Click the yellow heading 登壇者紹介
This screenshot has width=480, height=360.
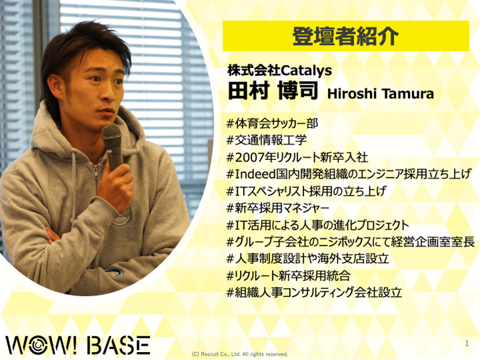346,37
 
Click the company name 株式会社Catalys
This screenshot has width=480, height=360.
280,71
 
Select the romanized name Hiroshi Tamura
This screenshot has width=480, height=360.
381,94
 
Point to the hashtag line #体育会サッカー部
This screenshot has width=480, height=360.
272,123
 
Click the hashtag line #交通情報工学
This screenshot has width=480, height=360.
267,140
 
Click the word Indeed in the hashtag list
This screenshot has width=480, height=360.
256,174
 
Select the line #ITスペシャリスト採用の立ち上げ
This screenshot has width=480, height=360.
306,191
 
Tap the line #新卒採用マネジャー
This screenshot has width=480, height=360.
278,208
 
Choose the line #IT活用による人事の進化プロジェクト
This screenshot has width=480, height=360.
318,225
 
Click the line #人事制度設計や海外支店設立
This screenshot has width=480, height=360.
308,259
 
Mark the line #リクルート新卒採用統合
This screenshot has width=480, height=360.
289,276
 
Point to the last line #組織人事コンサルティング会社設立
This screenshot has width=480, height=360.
314,293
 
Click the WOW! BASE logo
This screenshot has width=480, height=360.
78,345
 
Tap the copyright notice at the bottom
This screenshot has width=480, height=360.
239,354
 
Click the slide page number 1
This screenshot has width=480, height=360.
466,343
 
